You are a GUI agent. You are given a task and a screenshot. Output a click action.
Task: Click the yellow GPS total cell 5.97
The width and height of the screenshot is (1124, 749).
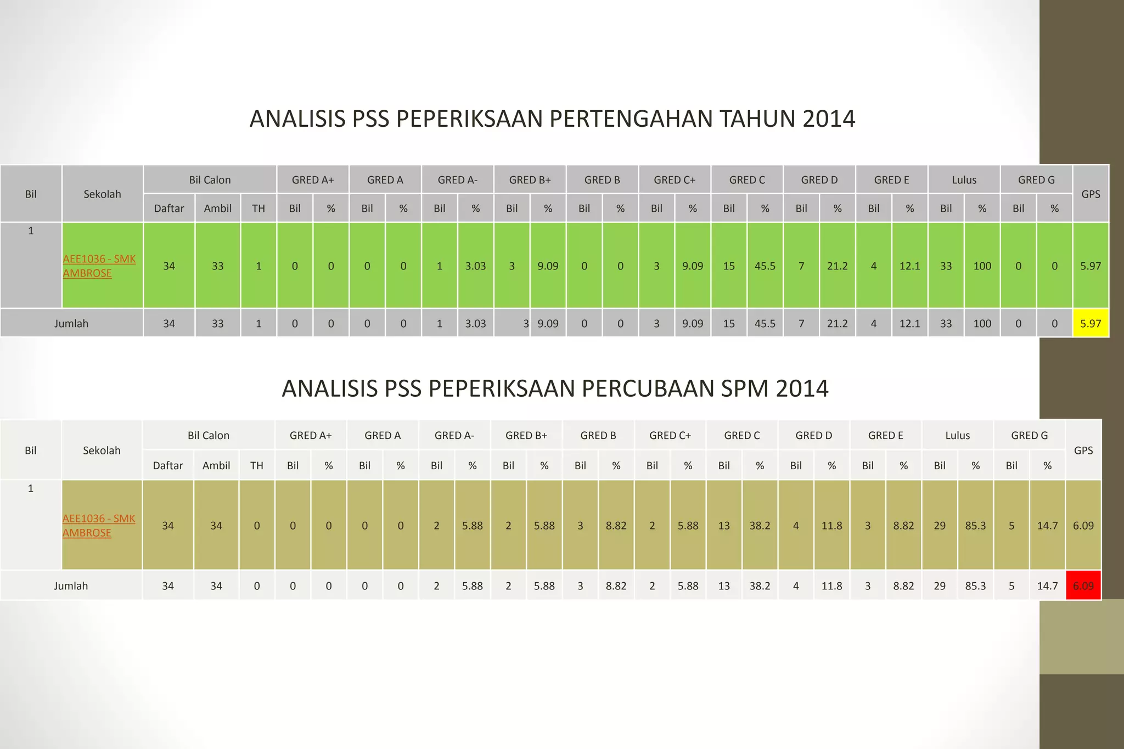(1091, 323)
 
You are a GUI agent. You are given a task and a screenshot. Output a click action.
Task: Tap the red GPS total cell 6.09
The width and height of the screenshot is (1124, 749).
(1083, 585)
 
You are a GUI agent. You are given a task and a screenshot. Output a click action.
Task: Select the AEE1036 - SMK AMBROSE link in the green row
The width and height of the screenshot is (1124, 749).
(99, 266)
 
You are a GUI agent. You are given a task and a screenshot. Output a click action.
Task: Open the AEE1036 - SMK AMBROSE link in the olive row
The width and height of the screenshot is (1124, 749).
(98, 526)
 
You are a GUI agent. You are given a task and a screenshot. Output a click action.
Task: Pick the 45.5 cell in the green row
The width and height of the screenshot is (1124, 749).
(765, 266)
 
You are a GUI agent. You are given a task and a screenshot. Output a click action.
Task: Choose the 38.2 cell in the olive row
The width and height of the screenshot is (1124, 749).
(760, 526)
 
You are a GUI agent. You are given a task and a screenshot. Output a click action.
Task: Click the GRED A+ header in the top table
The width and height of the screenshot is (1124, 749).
(313, 180)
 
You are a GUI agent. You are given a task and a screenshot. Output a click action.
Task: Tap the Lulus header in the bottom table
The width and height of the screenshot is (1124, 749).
(957, 436)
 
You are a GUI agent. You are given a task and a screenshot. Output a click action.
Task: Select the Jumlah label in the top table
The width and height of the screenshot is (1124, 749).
(71, 323)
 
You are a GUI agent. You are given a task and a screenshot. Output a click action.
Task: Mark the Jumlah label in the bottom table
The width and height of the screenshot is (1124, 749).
(71, 585)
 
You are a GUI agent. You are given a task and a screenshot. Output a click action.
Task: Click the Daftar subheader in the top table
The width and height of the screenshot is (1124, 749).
(169, 209)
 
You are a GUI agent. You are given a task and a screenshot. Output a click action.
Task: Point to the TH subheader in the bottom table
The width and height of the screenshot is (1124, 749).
(256, 465)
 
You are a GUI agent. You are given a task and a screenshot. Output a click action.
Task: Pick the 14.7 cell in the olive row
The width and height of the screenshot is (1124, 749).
(1047, 526)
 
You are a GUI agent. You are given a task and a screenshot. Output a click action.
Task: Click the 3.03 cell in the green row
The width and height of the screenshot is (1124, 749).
(475, 266)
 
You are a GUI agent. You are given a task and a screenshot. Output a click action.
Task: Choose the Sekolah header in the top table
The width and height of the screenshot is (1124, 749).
(102, 194)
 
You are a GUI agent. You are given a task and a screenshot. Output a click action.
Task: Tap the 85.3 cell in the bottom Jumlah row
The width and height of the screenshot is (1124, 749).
(975, 585)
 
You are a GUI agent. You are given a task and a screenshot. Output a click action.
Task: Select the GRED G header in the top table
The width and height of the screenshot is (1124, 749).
(1036, 180)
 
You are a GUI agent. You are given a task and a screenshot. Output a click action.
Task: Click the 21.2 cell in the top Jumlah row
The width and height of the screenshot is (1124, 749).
(837, 323)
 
